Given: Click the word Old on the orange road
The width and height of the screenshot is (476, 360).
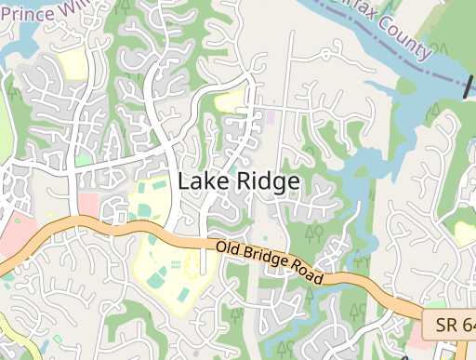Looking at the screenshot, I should [x=229, y=249].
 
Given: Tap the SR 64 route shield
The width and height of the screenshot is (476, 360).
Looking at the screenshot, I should [x=450, y=325].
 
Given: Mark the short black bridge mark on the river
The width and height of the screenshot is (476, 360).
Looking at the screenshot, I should [x=468, y=87].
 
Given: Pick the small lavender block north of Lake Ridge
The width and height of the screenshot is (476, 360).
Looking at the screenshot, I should [x=271, y=117].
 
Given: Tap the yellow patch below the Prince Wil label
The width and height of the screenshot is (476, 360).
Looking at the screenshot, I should [x=72, y=64].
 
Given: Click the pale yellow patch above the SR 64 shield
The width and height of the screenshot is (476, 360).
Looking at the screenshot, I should [x=465, y=232].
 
